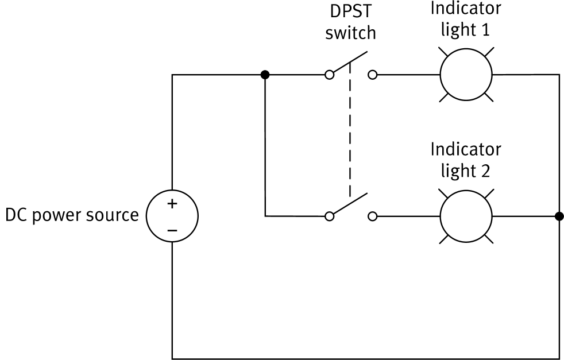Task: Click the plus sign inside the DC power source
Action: tap(172, 204)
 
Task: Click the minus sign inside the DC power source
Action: tap(172, 230)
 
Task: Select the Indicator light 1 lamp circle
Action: tap(466, 75)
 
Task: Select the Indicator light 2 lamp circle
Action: tap(466, 216)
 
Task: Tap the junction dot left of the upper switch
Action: tap(265, 75)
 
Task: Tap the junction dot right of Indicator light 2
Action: tap(559, 216)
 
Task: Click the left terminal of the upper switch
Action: tap(329, 75)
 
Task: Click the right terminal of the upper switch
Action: tap(372, 75)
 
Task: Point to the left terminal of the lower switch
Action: tap(329, 216)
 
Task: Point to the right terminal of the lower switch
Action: tap(372, 216)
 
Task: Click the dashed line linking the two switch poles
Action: tap(349, 138)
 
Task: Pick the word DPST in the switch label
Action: tap(350, 11)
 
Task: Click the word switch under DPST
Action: tap(350, 33)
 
